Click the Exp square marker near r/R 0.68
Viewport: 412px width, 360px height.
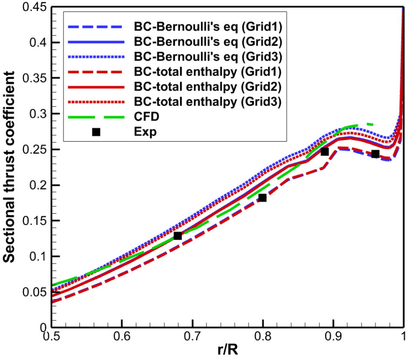click(177, 236)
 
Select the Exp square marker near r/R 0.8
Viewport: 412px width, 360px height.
click(262, 198)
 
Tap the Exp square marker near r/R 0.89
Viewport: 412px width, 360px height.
click(324, 152)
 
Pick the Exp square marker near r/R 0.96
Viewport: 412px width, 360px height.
click(375, 154)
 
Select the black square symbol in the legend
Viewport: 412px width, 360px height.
click(96, 132)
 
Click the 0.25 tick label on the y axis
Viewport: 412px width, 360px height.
click(36, 149)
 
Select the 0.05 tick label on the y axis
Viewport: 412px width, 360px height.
click(36, 291)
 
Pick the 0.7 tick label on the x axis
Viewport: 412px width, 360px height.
click(192, 337)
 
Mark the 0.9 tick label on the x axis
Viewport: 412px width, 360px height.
click(333, 337)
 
